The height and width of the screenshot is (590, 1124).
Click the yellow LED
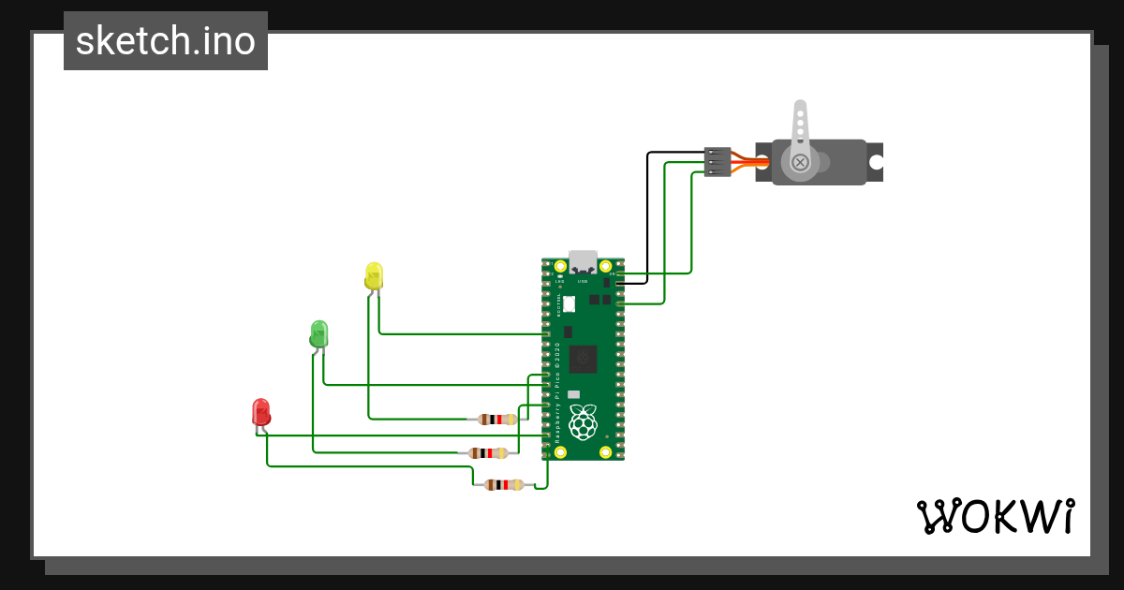pos(374,276)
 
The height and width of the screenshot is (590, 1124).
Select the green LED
pos(319,333)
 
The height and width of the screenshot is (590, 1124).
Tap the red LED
pos(261,412)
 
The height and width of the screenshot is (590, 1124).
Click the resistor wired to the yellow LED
pos(497,420)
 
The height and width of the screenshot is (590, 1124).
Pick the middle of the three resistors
pos(488,453)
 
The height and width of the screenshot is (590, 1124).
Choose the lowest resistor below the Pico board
pos(504,484)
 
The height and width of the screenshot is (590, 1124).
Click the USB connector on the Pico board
pos(583,262)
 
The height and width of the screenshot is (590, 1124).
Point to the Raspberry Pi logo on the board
pos(583,423)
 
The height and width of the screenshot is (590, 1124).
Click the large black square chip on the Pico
pos(583,359)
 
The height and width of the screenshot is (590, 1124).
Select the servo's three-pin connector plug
pos(717,161)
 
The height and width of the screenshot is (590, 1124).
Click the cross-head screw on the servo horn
pos(800,162)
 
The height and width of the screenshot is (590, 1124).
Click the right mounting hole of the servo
pos(876,162)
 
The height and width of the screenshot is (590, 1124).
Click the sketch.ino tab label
pos(166,41)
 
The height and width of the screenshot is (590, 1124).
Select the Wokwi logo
pos(995,517)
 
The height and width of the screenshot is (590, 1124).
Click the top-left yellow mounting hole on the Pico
pos(560,266)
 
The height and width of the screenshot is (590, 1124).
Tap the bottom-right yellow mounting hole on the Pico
pos(606,452)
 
